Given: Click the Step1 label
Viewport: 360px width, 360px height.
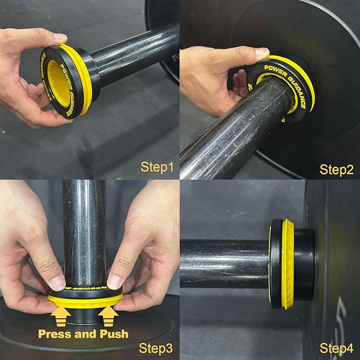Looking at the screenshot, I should coord(157,168).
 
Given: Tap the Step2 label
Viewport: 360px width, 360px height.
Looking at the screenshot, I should coord(337,169).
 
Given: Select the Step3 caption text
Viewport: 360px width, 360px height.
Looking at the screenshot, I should coord(156,348).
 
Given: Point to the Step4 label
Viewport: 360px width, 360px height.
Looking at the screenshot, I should coord(337,348).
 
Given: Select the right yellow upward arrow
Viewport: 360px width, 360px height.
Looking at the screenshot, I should coord(108,317).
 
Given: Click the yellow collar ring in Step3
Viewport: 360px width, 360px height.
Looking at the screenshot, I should coord(85,302).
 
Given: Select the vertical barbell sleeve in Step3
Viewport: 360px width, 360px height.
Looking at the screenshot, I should coord(84,233).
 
